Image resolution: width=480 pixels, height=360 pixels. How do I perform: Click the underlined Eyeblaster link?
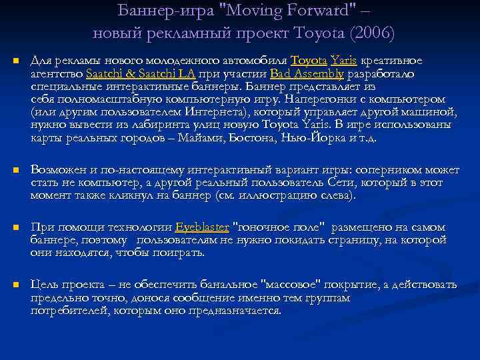click(x=201, y=227)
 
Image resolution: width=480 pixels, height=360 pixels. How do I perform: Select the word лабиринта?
click(x=142, y=125)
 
